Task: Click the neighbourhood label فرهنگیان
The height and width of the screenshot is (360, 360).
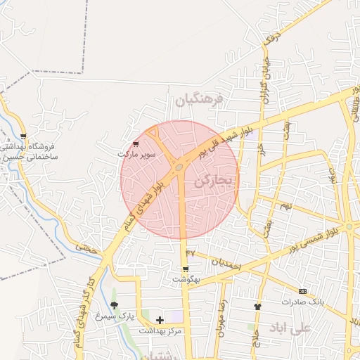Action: point(199,100)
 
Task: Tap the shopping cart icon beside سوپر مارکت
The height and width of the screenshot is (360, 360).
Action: point(136,143)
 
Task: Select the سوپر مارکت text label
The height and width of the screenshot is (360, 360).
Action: point(136,153)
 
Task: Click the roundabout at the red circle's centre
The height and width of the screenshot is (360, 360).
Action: point(180,167)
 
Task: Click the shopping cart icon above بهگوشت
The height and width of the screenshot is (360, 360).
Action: point(185,269)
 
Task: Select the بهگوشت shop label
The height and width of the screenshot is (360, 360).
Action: point(186,279)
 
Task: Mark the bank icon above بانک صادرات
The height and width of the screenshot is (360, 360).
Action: point(302,291)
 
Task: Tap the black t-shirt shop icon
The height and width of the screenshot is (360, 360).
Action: point(257,307)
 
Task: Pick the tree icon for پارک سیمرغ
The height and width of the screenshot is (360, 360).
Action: point(115,305)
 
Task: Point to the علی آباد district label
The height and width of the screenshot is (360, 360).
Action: point(290,328)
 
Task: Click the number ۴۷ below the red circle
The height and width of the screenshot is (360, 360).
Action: point(190,252)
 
